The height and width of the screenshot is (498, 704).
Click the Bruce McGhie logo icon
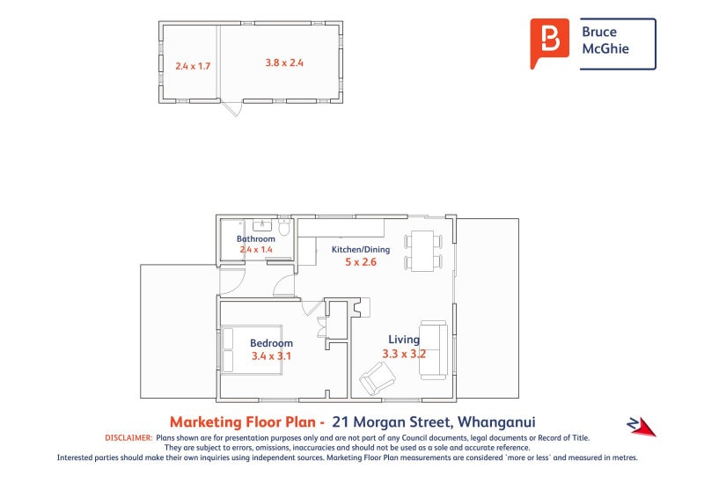550,43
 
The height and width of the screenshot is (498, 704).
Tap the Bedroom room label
271,343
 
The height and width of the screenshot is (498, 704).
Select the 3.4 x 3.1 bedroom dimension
271,356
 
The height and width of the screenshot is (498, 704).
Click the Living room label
405,340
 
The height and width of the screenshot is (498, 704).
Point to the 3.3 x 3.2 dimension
404,354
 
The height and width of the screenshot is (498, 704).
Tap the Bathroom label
256,238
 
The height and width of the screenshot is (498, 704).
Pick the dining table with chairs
424,250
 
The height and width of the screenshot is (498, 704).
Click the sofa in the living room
433,350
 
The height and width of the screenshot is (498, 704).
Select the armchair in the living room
378,379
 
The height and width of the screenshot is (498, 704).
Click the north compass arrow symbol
642,426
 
